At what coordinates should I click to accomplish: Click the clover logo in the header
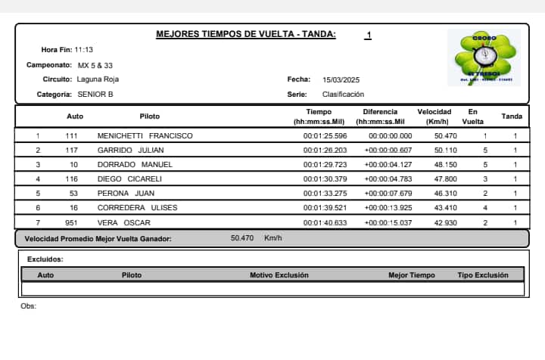484,58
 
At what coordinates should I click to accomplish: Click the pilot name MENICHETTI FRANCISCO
145,136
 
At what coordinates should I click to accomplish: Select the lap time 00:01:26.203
325,151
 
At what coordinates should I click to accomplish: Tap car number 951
72,222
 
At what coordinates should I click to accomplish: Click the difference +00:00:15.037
388,222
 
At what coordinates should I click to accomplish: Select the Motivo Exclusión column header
279,275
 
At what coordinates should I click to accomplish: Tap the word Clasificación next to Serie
343,95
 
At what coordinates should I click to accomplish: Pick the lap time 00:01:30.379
325,179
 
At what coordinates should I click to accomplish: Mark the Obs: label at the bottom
29,306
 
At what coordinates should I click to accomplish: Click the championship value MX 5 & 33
95,65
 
